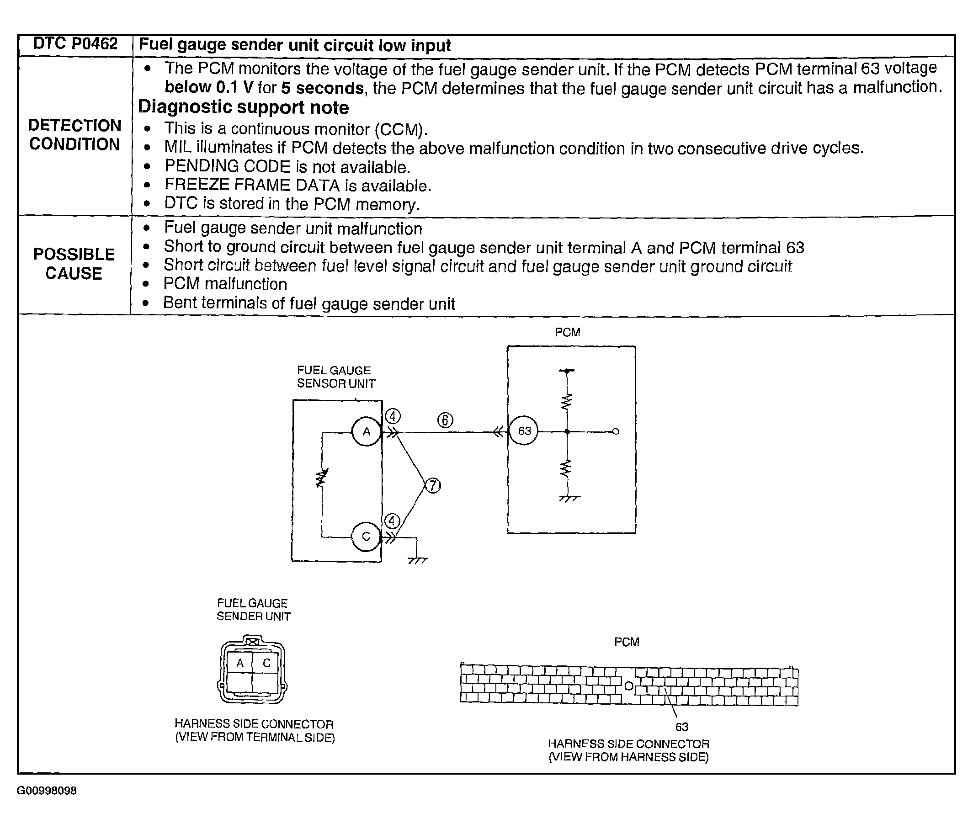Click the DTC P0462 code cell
pos(75,44)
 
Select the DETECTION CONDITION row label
pos(74,135)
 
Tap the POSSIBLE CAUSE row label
pos(74,264)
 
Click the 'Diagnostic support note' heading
pos(243,107)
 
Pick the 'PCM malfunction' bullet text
pos(225,284)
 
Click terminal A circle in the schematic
pos(366,431)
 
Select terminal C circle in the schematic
pos(366,537)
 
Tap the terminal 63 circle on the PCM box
pos(524,430)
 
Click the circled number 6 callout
pos(445,420)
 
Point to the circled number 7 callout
pos(432,485)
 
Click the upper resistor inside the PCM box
pos(567,401)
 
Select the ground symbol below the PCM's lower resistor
pos(569,498)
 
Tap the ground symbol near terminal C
pos(417,560)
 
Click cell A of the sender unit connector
pos(240,663)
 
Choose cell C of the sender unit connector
pos(267,663)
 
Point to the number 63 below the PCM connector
pos(681,727)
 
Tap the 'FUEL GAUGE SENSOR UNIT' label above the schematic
pos(336,377)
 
